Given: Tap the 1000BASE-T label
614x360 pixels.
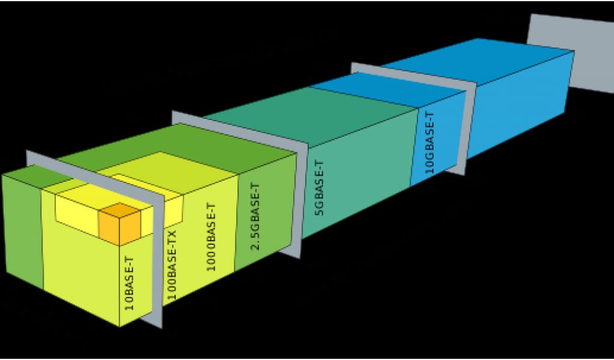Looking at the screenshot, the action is pos(212,238).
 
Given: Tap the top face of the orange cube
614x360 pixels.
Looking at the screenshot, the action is pos(119,211).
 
